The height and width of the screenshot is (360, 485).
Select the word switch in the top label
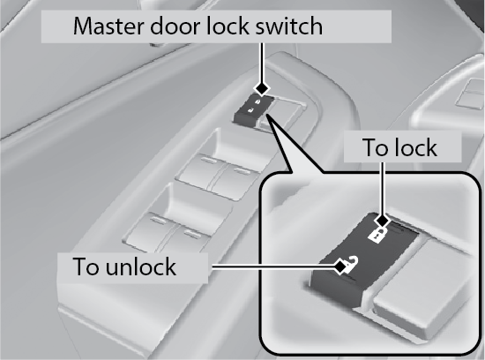pos(288,26)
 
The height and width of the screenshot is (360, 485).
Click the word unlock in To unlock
pos(141,266)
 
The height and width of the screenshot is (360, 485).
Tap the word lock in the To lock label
pos(414,147)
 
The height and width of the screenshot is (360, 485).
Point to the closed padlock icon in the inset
pos(377,235)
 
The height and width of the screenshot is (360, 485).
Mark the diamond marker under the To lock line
pos(383,221)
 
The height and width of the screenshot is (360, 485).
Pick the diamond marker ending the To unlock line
pos(340,266)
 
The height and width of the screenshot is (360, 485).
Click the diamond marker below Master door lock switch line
pos(262,89)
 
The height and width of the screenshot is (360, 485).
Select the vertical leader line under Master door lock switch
pos(262,64)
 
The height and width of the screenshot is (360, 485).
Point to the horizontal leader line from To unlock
pos(273,266)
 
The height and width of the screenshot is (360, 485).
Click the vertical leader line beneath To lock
pos(383,189)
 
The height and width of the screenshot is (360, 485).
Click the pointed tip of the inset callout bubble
pos(266,114)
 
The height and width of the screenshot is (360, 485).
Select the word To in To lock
pos(375,147)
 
